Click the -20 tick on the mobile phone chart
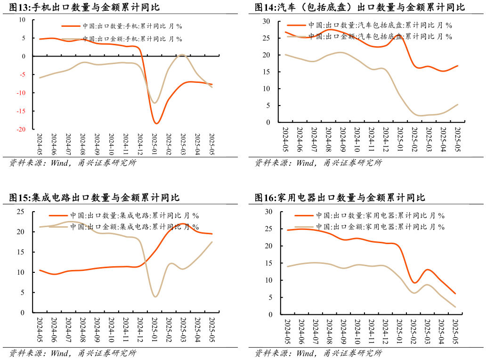(22, 129)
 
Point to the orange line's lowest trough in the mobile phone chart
(156, 123)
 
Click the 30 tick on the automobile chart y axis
(267, 22)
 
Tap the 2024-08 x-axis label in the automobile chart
(328, 138)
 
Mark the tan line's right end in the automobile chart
(457, 105)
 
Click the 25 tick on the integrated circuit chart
(21, 212)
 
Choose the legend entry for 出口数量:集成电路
(134, 216)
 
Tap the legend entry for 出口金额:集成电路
(134, 227)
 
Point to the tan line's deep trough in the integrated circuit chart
(155, 296)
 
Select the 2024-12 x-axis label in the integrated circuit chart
(140, 329)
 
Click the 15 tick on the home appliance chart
(268, 263)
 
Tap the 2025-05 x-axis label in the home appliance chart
(455, 331)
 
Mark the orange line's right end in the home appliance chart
(455, 294)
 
